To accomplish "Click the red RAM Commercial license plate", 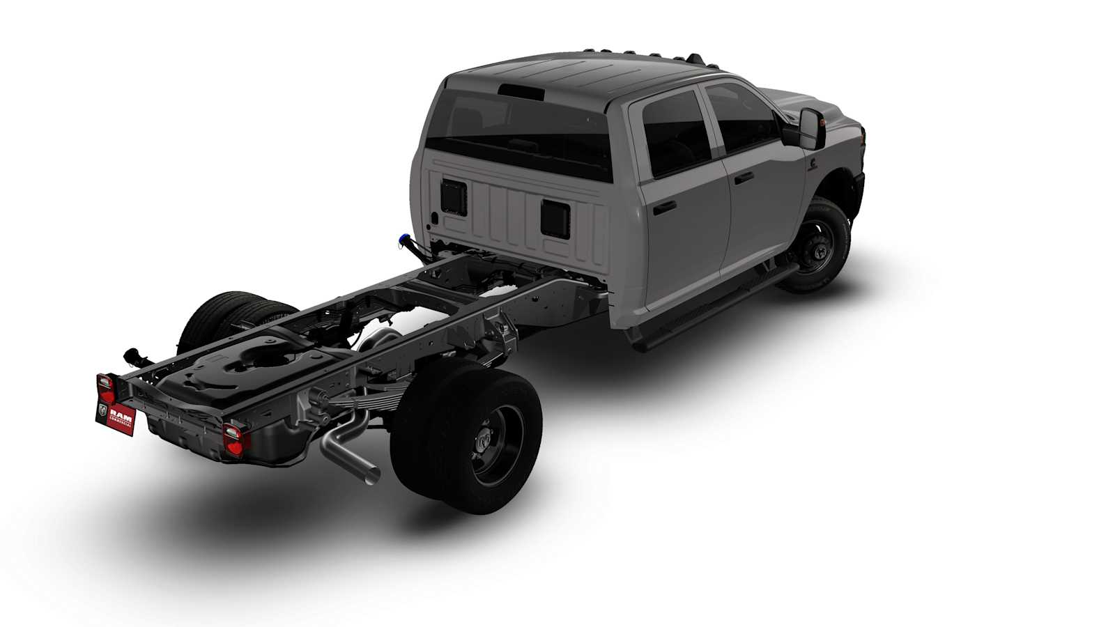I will click(115, 416).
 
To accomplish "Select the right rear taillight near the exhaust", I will click(233, 439).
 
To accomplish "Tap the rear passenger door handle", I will click(665, 207).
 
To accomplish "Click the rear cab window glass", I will click(523, 132).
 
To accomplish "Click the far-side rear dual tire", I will click(216, 320).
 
